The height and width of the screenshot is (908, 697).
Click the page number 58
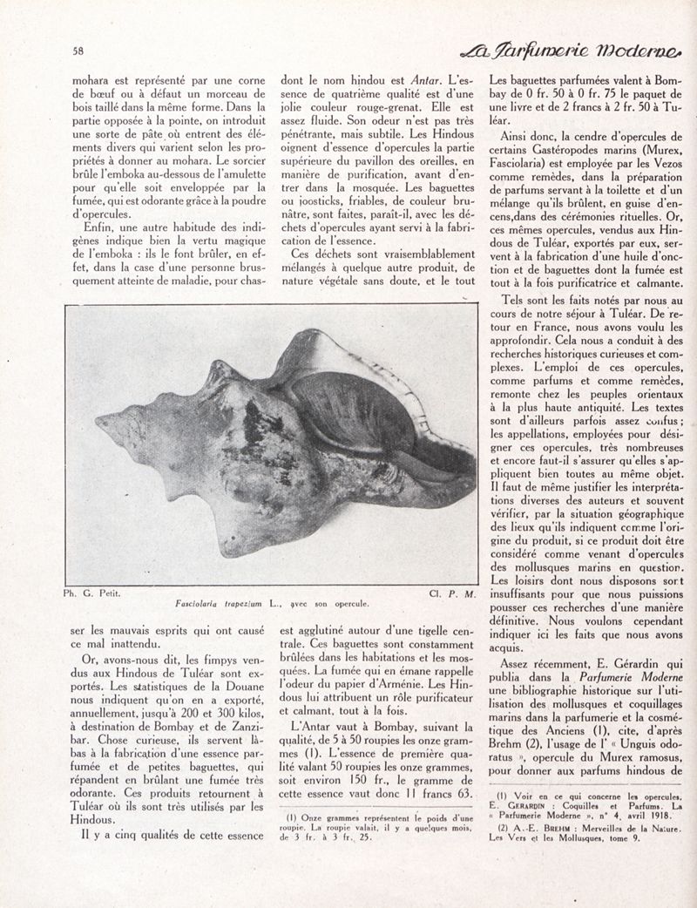click(x=78, y=51)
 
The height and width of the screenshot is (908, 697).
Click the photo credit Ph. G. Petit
click(x=91, y=593)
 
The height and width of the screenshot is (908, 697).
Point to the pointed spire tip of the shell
click(x=98, y=424)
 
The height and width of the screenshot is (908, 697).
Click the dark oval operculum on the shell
click(x=348, y=410)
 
